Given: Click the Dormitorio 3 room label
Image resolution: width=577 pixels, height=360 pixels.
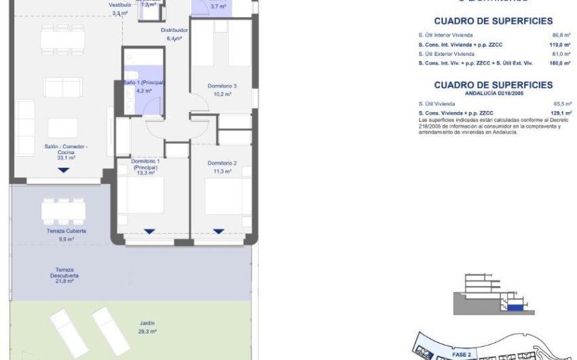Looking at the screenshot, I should pos(222,86).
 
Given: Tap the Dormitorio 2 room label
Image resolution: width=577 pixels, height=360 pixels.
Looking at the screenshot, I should pos(222,163).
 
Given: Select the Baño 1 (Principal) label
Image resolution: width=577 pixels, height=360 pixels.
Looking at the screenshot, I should pos(145,82).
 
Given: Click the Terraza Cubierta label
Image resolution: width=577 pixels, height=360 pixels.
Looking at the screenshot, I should pos(62,231).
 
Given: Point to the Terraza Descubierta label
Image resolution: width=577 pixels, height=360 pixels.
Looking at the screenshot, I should pos(64,272).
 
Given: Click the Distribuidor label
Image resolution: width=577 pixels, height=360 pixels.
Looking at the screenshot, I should pos(174,31).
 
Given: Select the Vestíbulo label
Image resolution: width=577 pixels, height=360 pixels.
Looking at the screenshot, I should pos(119,5).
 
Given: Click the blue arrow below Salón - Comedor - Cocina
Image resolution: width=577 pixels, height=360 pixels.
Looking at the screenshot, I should pos(63,170).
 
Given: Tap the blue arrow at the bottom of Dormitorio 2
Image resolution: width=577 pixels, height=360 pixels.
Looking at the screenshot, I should pos(219,232).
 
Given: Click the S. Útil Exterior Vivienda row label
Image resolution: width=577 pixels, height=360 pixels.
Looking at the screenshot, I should pos(447,53).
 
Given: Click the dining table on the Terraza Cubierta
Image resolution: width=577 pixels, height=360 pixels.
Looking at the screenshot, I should pos(63,211).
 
